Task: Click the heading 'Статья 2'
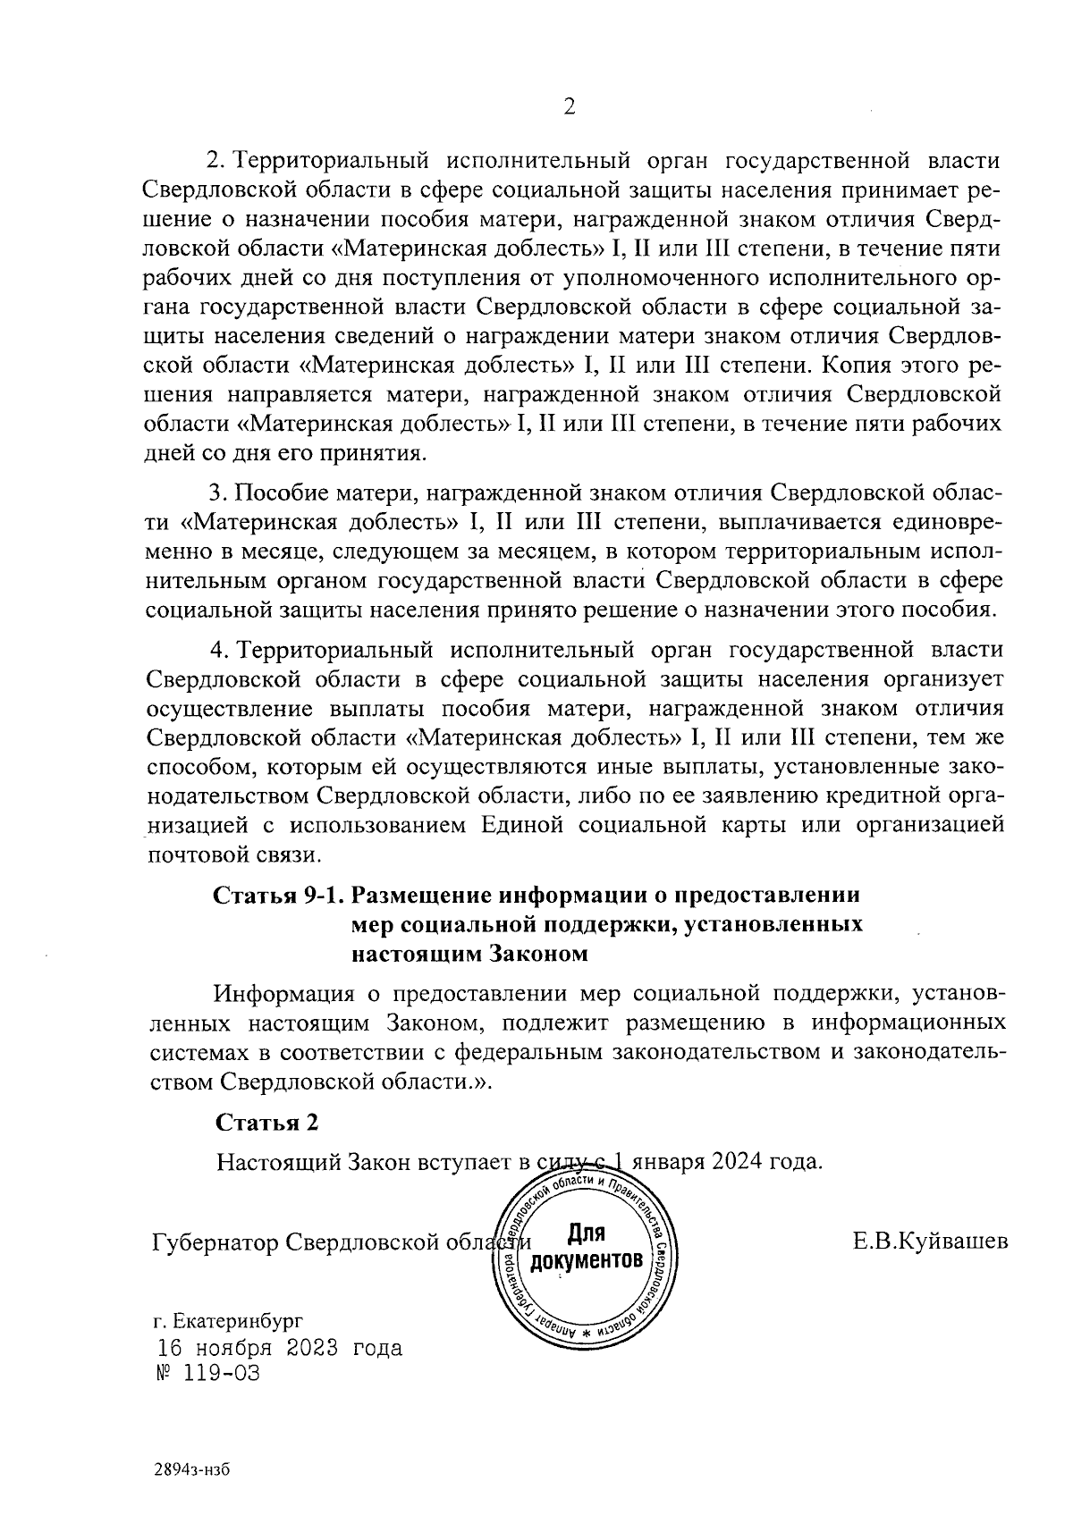click(267, 1123)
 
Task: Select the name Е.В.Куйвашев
click(931, 1242)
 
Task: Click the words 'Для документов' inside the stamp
click(587, 1248)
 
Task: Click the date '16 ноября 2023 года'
click(280, 1348)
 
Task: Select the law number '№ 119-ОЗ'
click(207, 1374)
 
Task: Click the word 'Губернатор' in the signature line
click(211, 1242)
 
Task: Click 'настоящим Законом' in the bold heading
click(469, 954)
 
